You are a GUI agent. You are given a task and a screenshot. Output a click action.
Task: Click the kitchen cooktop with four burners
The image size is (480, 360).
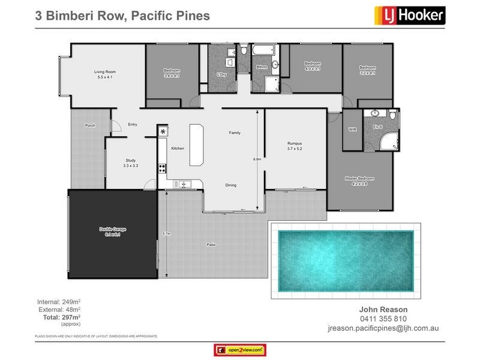162,169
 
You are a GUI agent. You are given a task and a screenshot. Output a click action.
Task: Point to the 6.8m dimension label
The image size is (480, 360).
257,159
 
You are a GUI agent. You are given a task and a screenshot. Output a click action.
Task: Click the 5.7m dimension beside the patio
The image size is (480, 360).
167,233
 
